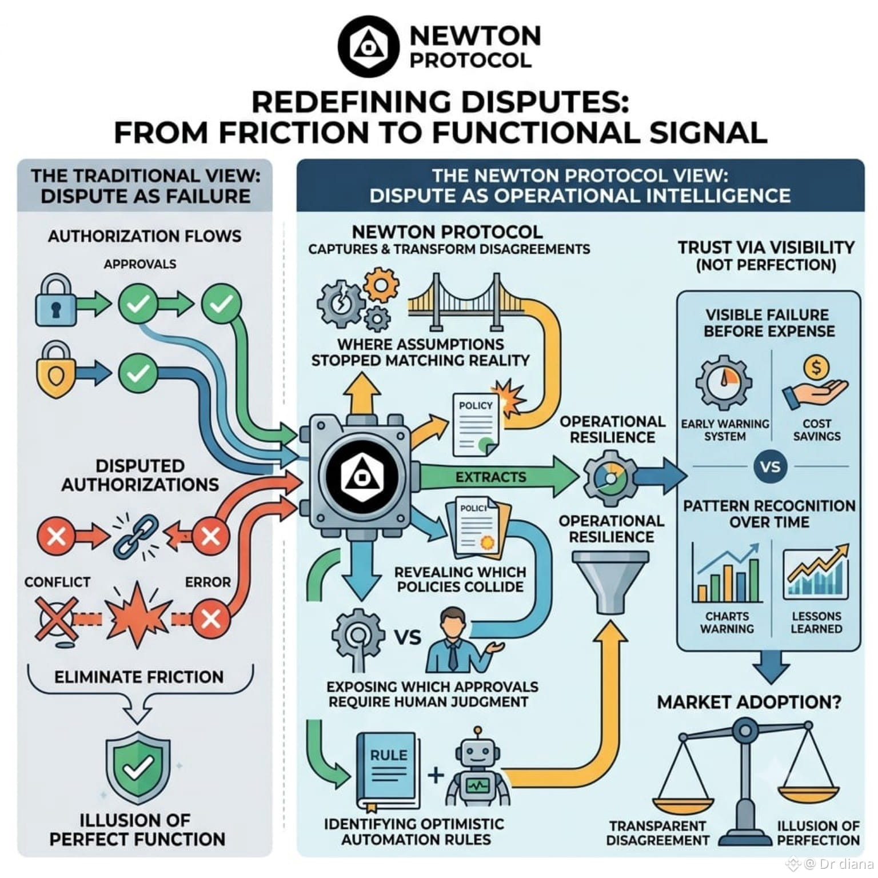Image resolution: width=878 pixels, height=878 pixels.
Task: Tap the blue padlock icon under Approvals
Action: (x=55, y=301)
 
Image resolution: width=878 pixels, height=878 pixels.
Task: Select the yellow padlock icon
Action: (x=55, y=370)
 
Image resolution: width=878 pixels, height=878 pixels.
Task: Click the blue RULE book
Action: (x=388, y=769)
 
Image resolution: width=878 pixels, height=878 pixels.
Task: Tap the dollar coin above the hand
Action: (x=816, y=368)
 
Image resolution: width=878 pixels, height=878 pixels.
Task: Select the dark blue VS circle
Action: (x=770, y=467)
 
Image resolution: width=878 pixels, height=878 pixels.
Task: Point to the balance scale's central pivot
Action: (x=745, y=730)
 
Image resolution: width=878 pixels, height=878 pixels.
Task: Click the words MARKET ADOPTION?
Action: (x=749, y=702)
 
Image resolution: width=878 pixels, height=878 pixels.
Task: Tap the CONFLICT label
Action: (x=57, y=582)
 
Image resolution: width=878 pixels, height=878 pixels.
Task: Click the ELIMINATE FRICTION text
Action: (x=139, y=677)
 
